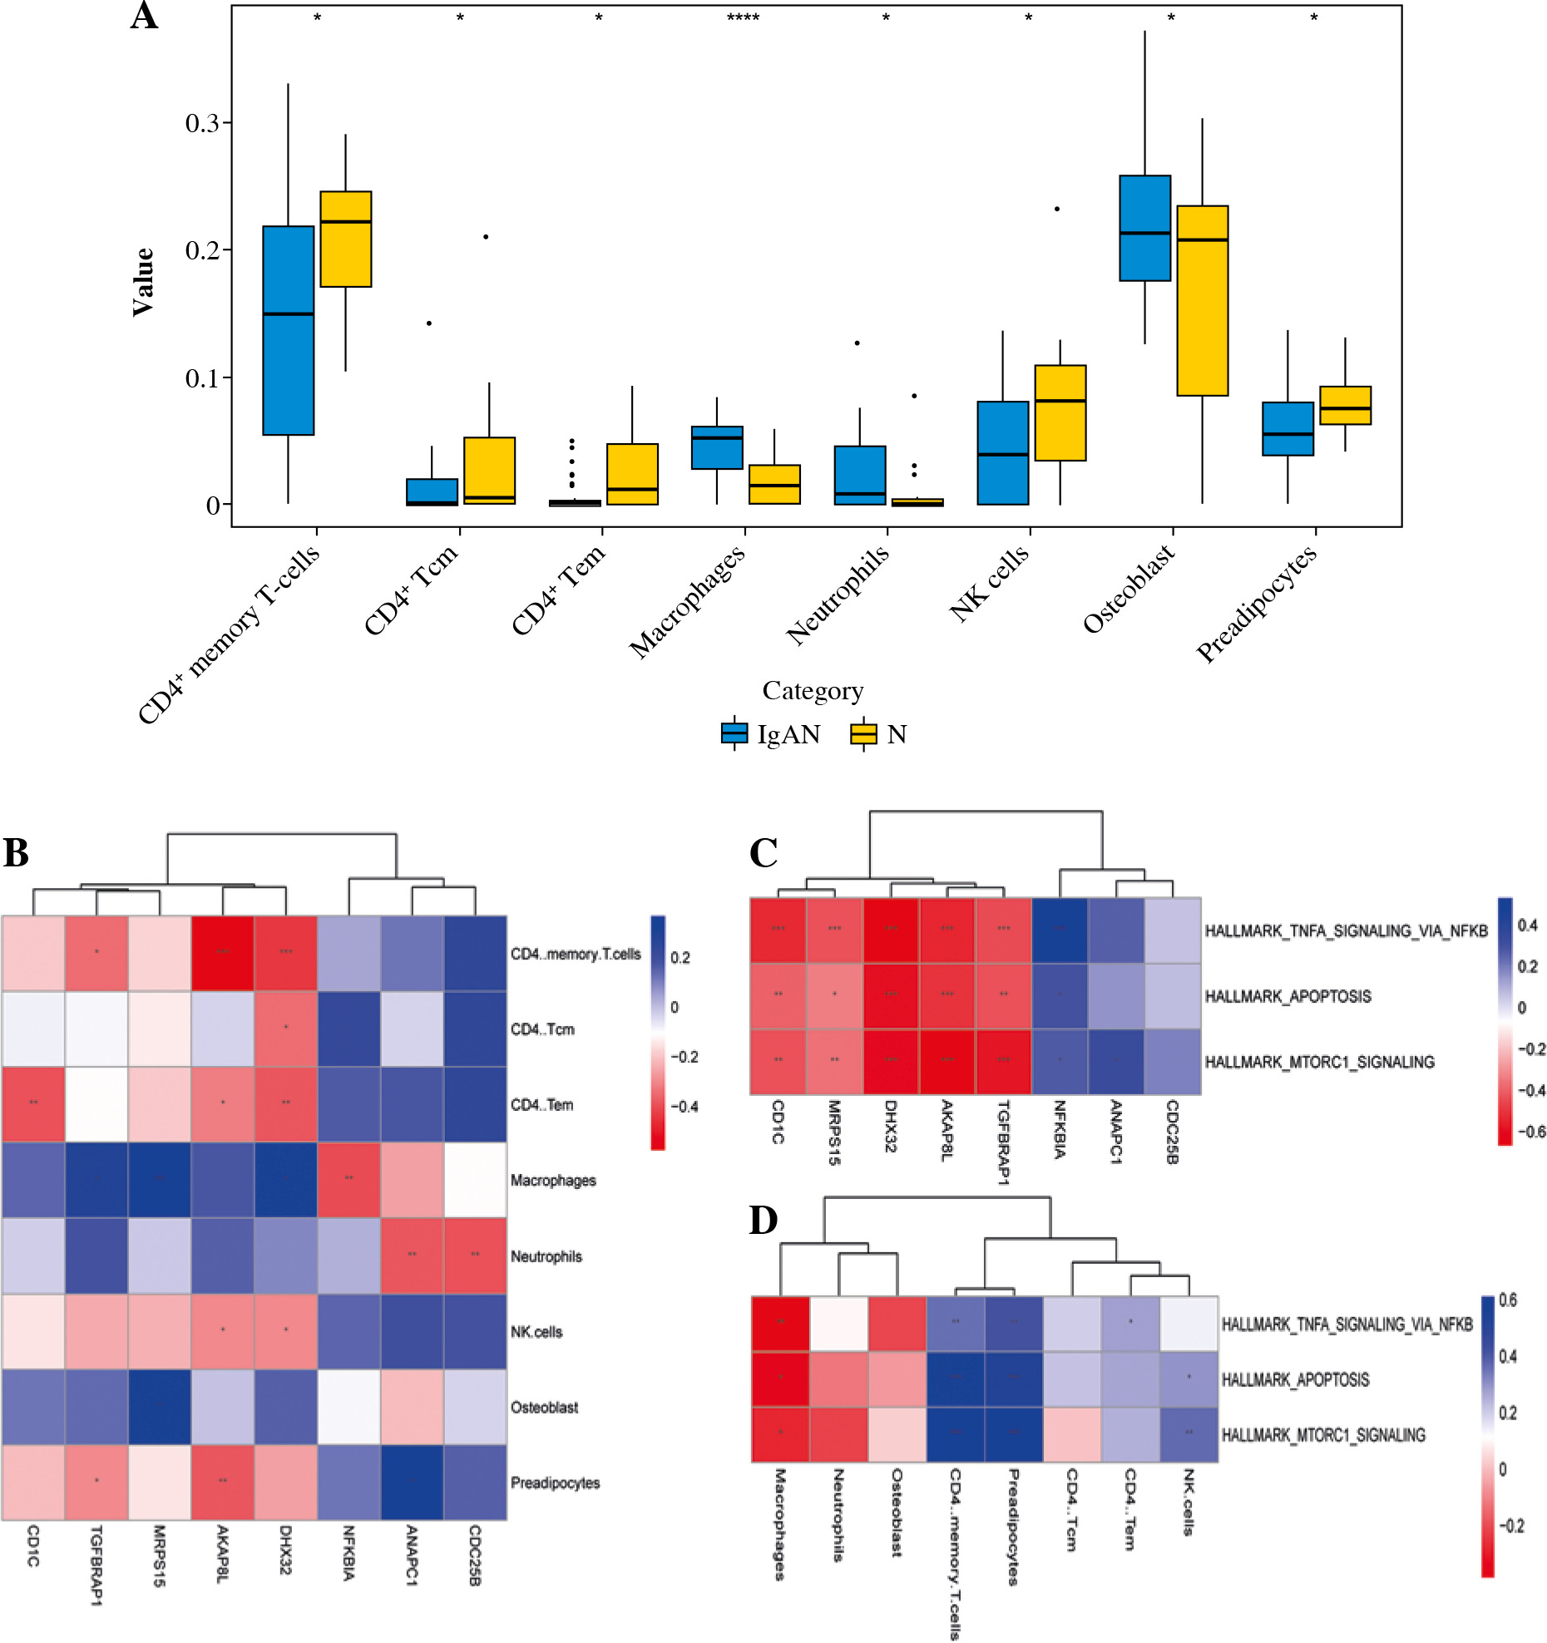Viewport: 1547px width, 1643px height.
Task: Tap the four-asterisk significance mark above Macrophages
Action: [x=743, y=17]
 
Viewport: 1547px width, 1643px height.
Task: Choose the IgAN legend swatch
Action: [x=734, y=733]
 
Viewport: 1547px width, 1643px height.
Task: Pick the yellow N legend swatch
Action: [x=863, y=733]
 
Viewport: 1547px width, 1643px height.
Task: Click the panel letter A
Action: [x=144, y=16]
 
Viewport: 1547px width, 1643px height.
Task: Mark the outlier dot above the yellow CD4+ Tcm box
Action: [x=486, y=237]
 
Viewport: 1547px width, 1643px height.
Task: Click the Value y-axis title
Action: [x=143, y=282]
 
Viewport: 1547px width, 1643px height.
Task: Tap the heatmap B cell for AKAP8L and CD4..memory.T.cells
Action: [x=222, y=953]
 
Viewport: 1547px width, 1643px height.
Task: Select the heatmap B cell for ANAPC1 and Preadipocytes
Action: [x=412, y=1482]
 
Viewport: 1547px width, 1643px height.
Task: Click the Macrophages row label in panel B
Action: [x=553, y=1180]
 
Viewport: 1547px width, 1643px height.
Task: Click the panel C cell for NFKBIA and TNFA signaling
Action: [x=1060, y=930]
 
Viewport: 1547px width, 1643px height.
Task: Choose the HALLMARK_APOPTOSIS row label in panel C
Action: [x=1288, y=996]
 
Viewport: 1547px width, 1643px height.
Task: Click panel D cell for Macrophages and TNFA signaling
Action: [x=780, y=1324]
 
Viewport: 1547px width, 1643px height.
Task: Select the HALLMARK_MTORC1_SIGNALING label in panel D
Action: [x=1322, y=1434]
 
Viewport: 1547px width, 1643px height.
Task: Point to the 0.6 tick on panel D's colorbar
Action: [x=1507, y=1300]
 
